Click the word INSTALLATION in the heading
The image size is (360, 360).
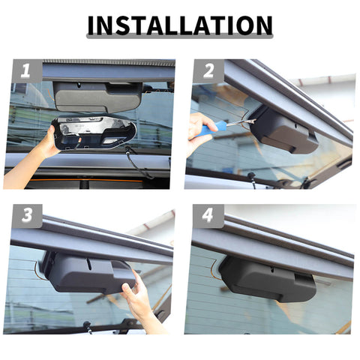click(x=180, y=25)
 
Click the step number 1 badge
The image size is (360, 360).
click(x=28, y=71)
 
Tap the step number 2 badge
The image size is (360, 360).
click(x=209, y=71)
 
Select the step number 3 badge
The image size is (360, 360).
click(x=28, y=216)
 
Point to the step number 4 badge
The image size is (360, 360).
click(x=208, y=216)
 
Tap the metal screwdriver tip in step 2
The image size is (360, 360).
click(x=241, y=122)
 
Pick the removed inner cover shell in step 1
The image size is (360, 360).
click(x=94, y=133)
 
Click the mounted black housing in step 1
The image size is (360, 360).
click(x=98, y=97)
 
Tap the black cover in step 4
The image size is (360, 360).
click(x=268, y=278)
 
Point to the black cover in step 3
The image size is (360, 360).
click(x=88, y=271)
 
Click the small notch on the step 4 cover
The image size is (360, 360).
click(x=271, y=270)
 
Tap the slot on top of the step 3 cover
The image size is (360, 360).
click(x=89, y=262)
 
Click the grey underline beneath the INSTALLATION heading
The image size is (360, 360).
click(x=180, y=36)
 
